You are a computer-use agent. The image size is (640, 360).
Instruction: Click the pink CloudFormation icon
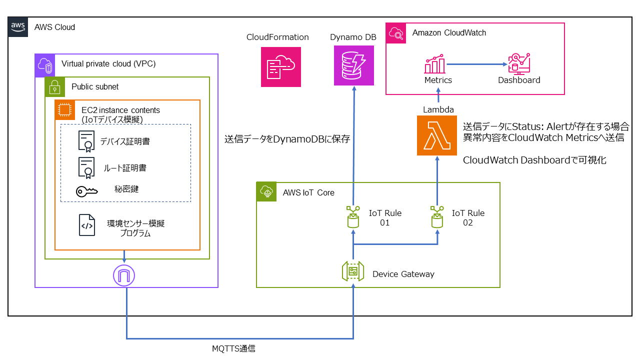coord(280,67)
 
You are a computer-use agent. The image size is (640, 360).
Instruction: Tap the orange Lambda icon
coord(437,135)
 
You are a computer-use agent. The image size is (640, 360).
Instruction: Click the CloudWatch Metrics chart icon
coord(435,65)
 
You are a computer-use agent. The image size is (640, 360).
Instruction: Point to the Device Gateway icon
coord(353,273)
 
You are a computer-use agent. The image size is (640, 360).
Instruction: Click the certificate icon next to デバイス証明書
coord(86,141)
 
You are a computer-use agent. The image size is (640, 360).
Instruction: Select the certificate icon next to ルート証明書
coord(86,167)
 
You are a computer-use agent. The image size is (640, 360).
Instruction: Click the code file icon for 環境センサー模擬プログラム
coord(86,225)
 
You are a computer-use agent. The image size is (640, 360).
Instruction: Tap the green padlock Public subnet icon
coord(55,86)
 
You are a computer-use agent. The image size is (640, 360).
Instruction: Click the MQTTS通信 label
coord(233,348)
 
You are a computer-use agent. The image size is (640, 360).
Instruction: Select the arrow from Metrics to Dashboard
coord(475,64)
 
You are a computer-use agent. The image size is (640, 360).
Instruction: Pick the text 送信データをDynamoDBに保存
coord(287,140)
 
